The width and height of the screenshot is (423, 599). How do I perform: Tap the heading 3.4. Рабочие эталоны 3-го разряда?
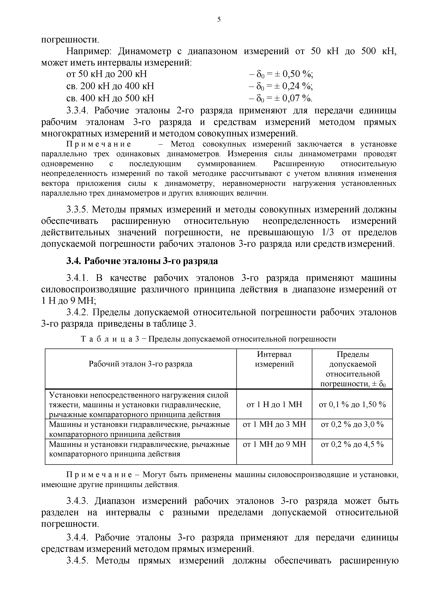click(142, 261)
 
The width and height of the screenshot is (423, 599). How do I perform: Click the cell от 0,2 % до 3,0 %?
click(352, 424)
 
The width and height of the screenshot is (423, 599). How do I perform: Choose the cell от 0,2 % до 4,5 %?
click(352, 444)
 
